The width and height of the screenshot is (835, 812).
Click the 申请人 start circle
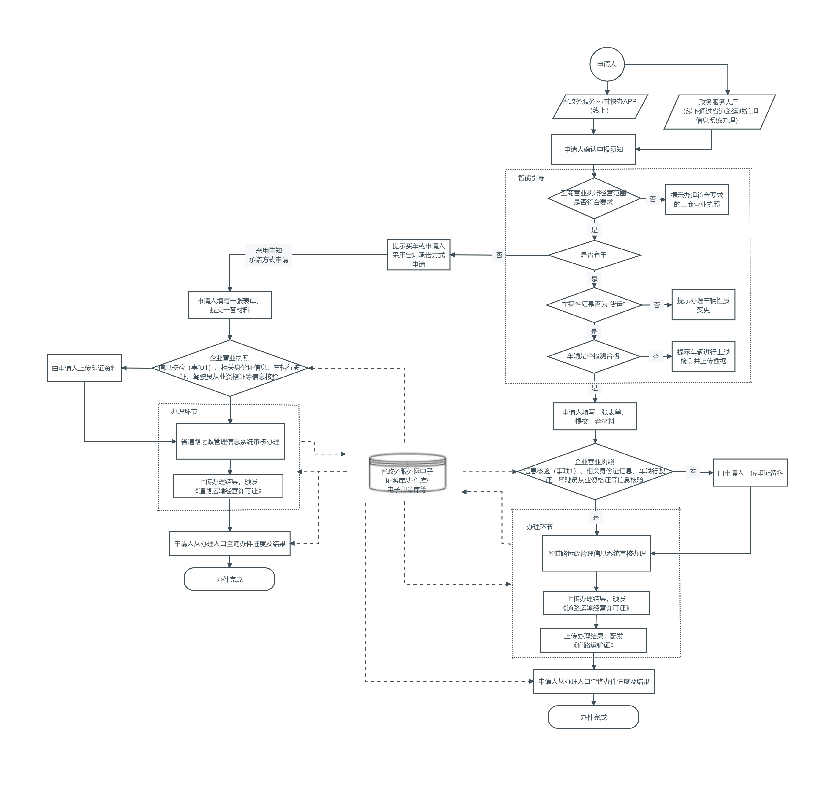[x=606, y=64]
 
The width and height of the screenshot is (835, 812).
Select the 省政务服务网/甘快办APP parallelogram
[x=600, y=106]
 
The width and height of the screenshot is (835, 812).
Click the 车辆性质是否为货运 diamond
[x=593, y=304]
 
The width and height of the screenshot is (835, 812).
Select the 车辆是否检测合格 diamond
[x=593, y=356]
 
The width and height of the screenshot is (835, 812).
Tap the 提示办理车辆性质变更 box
[x=703, y=305]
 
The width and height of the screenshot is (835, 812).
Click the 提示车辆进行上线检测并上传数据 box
[x=703, y=357]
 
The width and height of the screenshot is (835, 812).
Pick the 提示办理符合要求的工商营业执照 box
[x=696, y=200]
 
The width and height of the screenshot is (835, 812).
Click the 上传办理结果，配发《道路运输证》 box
[x=593, y=640]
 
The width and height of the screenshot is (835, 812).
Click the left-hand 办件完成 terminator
[x=229, y=579]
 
